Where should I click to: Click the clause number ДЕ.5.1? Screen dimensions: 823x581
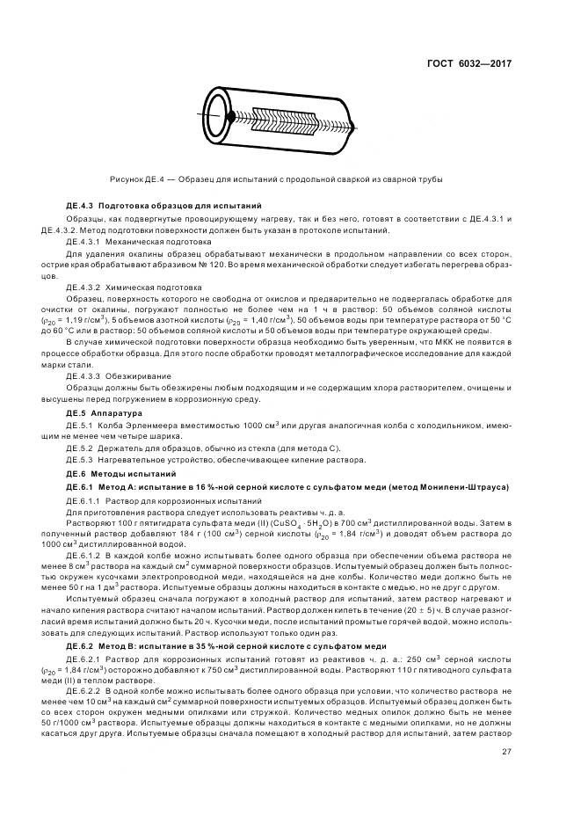[x=80, y=425]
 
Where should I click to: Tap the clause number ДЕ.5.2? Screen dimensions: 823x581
[x=80, y=448]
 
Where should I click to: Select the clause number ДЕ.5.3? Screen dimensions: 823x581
[x=80, y=460]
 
